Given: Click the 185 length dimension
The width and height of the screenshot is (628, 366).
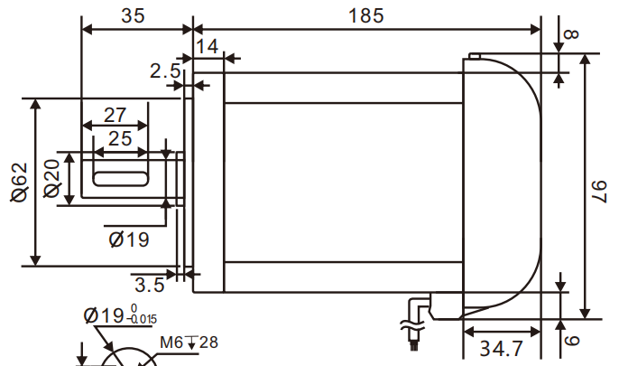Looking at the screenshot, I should point(365,15).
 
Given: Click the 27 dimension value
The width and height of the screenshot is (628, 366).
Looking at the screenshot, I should point(115,115).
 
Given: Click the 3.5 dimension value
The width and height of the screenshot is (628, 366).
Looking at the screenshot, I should point(150,286).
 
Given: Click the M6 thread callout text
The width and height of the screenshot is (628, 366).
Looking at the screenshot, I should point(171,343).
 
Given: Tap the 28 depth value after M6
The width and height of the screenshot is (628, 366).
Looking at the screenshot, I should point(208,343).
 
